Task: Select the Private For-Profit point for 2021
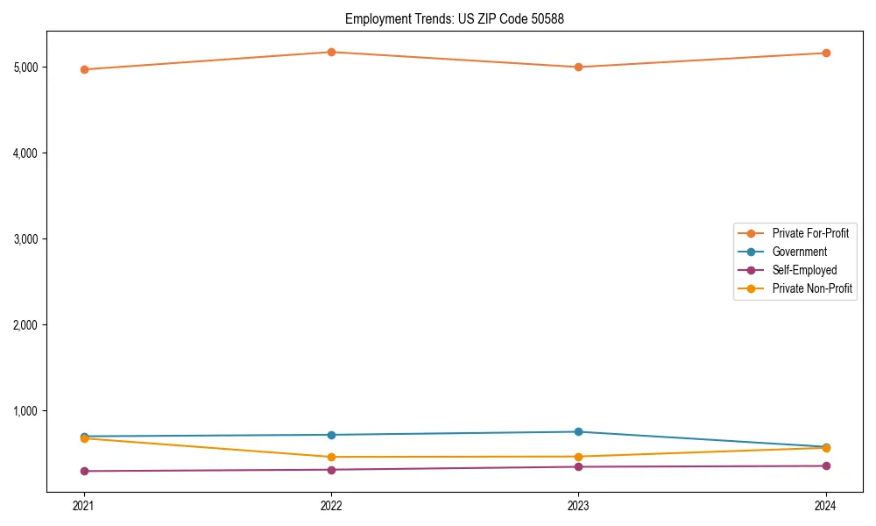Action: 84,69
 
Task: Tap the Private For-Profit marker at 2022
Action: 331,52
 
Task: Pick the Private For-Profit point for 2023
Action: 578,67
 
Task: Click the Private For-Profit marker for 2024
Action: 826,53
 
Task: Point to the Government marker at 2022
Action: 331,435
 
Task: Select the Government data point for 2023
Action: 578,431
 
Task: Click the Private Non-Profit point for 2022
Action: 331,457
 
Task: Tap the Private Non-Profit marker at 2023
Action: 578,457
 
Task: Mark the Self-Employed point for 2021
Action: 84,471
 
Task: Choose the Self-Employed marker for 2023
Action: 578,466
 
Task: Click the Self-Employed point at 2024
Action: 826,466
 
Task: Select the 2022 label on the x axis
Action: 331,505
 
